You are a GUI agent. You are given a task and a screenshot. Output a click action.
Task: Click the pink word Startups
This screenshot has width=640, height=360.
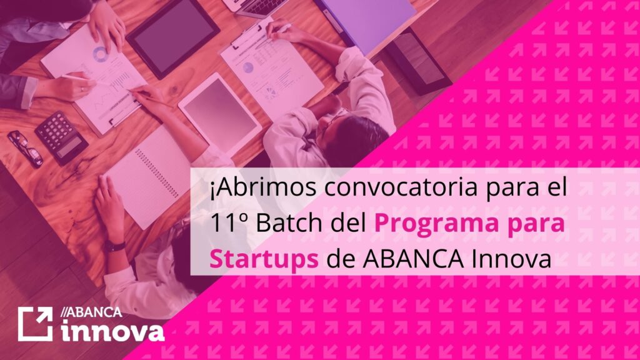click(x=264, y=259)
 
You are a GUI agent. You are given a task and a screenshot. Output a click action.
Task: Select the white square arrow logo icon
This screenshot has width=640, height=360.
click(x=35, y=324)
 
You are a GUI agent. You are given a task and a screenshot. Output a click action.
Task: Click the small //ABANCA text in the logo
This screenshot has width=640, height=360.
click(x=91, y=312)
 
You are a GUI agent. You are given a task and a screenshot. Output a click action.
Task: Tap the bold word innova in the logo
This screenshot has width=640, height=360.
click(x=112, y=331)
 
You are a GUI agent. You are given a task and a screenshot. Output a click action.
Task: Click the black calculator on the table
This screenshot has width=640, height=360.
click(x=62, y=137)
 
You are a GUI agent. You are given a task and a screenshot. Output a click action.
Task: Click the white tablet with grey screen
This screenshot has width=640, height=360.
click(x=219, y=114)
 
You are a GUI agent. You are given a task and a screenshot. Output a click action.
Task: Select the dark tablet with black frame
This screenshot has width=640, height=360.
click(x=173, y=36)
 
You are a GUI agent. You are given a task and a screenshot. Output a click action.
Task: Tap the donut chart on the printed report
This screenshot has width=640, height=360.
click(x=100, y=54)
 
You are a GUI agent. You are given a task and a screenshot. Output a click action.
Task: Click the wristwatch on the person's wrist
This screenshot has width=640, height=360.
click(x=114, y=246)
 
